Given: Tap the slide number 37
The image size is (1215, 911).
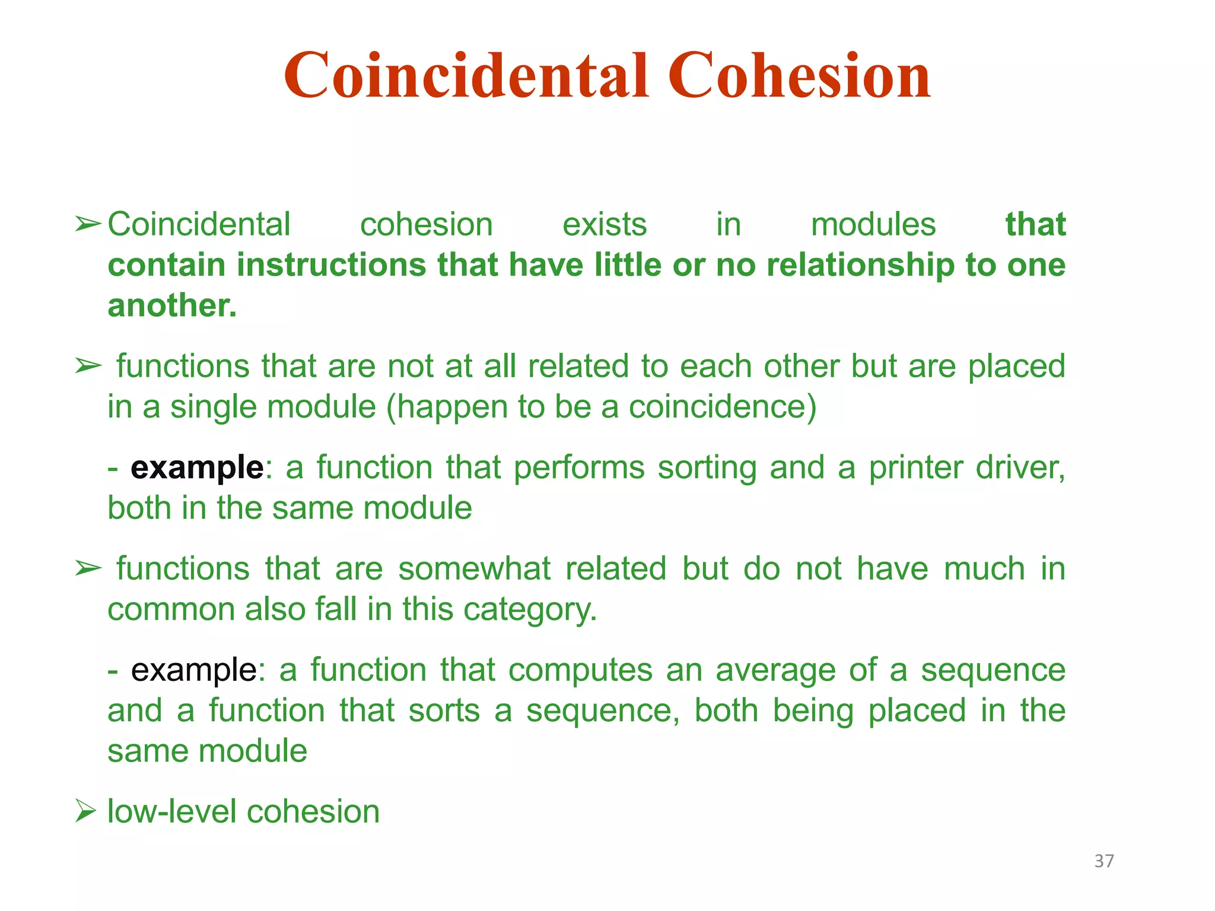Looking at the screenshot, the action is (x=1104, y=861).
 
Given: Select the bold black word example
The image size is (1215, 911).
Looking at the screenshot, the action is (x=197, y=467).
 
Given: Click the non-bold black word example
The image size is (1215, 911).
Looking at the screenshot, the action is (x=194, y=670).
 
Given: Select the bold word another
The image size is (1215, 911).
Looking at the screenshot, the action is (x=171, y=305).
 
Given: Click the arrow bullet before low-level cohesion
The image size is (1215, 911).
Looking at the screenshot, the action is (x=85, y=811).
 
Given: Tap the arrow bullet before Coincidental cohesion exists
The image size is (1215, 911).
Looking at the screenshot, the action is (x=88, y=225).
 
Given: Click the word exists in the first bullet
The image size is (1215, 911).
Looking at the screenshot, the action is (x=604, y=225).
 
